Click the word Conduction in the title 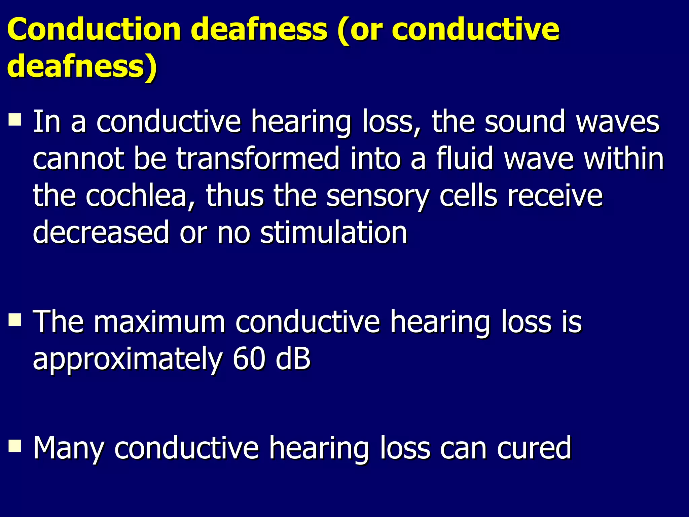pos(94,30)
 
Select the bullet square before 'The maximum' pos(15,319)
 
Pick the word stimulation pos(334,233)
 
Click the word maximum pos(159,322)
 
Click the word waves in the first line pos(618,122)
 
